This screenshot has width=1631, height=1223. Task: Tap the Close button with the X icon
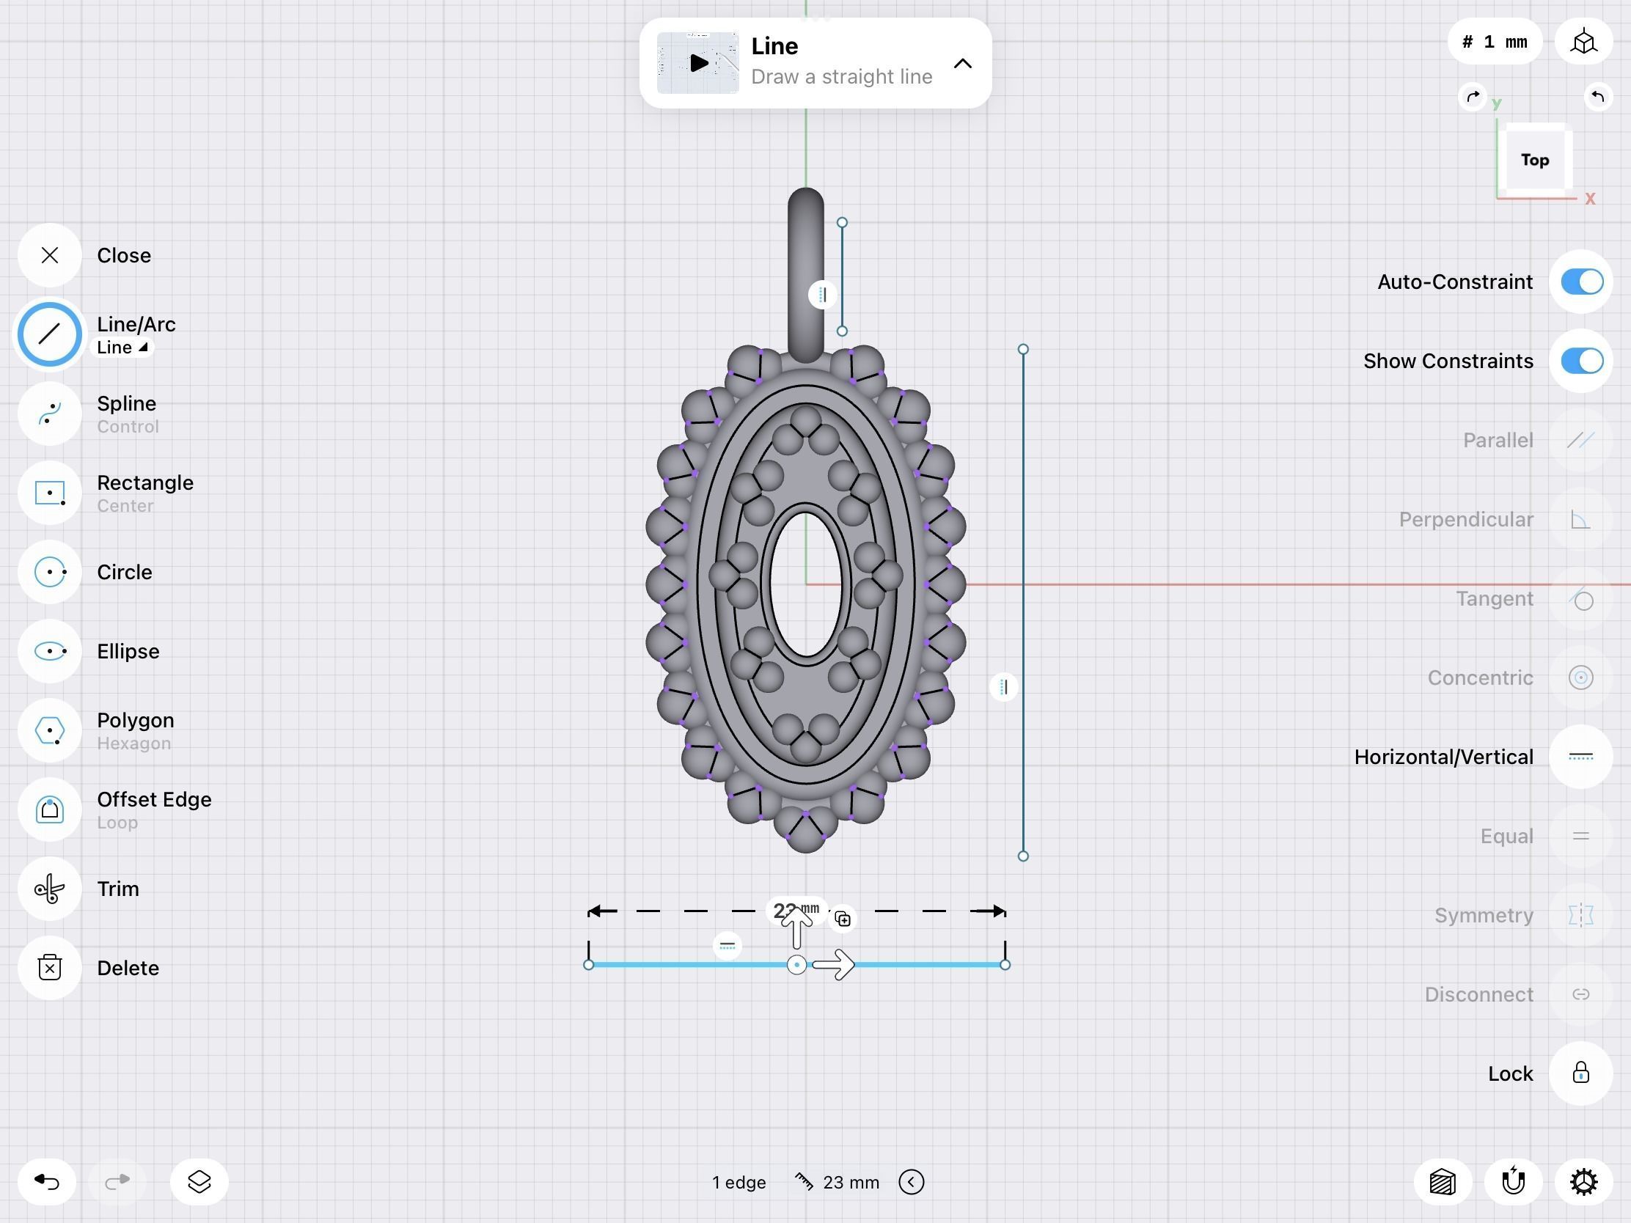tap(49, 255)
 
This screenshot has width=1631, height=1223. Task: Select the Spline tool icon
tap(49, 414)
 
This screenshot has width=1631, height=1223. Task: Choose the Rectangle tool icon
tap(49, 493)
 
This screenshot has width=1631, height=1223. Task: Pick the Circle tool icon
tap(49, 572)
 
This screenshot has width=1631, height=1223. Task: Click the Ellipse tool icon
tap(49, 651)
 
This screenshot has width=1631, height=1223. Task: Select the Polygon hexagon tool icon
tap(49, 730)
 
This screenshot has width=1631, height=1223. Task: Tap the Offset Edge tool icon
tap(49, 809)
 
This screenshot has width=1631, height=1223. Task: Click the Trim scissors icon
tap(49, 889)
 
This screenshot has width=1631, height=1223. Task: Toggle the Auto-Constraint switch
tap(1581, 282)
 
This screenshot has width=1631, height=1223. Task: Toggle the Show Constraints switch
tap(1581, 361)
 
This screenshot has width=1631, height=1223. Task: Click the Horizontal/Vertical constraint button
tap(1580, 757)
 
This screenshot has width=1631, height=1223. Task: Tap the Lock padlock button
tap(1580, 1073)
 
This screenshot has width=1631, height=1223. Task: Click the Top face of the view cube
tap(1534, 160)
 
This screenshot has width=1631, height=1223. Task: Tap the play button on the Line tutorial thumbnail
tap(697, 62)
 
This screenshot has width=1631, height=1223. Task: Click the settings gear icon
tap(1583, 1182)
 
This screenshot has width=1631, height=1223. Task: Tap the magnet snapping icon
tap(1513, 1182)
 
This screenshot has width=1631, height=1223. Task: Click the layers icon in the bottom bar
tap(199, 1182)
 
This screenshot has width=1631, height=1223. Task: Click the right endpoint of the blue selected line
tap(1005, 965)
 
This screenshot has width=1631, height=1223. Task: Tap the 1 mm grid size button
tap(1495, 42)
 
